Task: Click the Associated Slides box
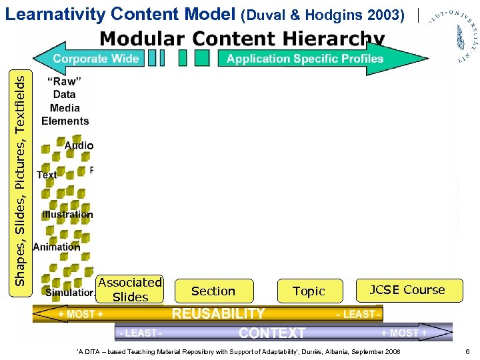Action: tap(130, 290)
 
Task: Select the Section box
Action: tap(213, 291)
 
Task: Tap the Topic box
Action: tap(309, 291)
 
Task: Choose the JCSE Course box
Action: tap(407, 290)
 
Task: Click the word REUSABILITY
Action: tap(219, 314)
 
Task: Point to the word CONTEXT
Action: tap(272, 333)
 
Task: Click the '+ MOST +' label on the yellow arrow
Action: tap(80, 314)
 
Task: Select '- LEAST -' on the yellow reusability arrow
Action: tap(359, 314)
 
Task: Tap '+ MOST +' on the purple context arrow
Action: tap(404, 332)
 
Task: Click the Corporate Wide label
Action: tap(96, 59)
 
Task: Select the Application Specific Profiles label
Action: tap(305, 59)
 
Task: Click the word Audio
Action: tap(79, 145)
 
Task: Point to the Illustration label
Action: tap(67, 215)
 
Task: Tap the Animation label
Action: tap(57, 247)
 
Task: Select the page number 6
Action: tap(468, 351)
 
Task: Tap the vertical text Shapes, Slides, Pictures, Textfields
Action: tap(21, 180)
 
